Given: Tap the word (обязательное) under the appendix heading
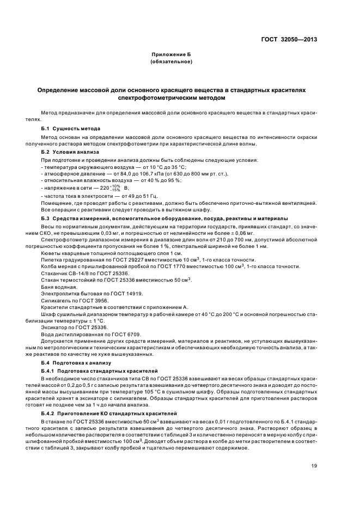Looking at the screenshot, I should coord(172,62).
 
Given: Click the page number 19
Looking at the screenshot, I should coord(314,466).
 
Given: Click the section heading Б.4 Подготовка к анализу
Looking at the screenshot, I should coord(76,362).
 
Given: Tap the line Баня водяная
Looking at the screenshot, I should coord(58,287).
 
